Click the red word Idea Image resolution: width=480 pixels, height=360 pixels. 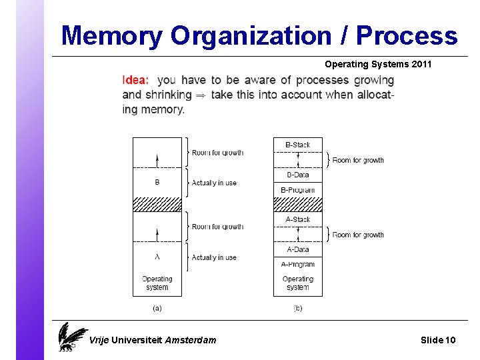[x=135, y=80]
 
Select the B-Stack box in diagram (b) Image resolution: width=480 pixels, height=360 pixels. [x=297, y=145]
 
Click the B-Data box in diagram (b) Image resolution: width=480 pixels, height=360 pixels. [x=297, y=175]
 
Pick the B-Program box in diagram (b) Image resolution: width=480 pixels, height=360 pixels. [x=297, y=190]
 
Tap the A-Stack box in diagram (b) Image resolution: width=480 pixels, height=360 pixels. [x=297, y=219]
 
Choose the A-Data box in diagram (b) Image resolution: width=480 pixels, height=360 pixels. [x=297, y=249]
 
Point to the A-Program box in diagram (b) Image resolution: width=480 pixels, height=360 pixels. [x=297, y=265]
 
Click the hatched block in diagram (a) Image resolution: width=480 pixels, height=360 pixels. [x=157, y=204]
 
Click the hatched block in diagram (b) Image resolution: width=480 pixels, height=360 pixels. [x=297, y=204]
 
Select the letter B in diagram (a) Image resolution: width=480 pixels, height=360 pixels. [x=157, y=182]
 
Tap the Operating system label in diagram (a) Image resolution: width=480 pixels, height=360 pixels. [x=157, y=283]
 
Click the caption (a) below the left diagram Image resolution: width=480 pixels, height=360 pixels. [x=157, y=308]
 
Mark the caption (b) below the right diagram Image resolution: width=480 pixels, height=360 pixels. [x=297, y=308]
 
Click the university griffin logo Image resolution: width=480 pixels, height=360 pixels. [x=71, y=337]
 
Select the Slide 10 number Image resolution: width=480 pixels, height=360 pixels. [x=438, y=340]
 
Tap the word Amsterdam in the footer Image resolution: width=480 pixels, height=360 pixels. [x=191, y=340]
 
